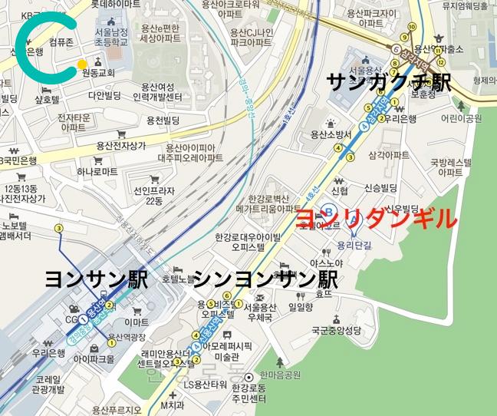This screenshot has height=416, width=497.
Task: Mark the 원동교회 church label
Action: [x=97, y=73]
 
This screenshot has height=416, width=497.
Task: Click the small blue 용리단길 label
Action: [x=354, y=246]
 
